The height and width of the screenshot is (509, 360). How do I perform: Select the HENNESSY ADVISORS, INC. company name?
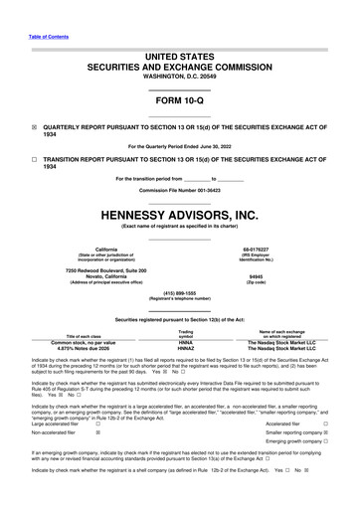pyautogui.click(x=179, y=213)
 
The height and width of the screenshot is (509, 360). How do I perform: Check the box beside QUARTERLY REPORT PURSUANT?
pyautogui.click(x=34, y=128)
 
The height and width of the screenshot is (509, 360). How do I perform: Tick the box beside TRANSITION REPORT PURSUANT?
pyautogui.click(x=34, y=158)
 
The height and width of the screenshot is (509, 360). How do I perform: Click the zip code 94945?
pyautogui.click(x=256, y=277)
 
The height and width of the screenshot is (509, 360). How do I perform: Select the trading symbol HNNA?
pyautogui.click(x=185, y=341)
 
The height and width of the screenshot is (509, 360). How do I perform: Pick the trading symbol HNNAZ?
pyautogui.click(x=185, y=348)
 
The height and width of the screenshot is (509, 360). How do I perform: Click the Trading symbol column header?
pyautogui.click(x=185, y=333)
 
